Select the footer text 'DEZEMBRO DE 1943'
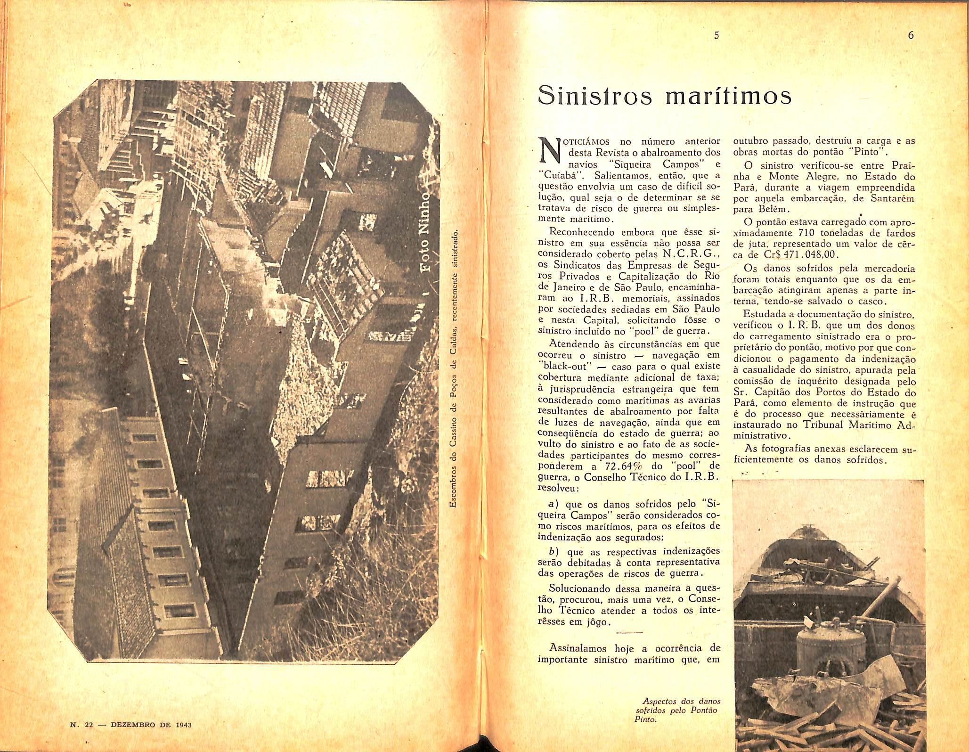click(x=151, y=725)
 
